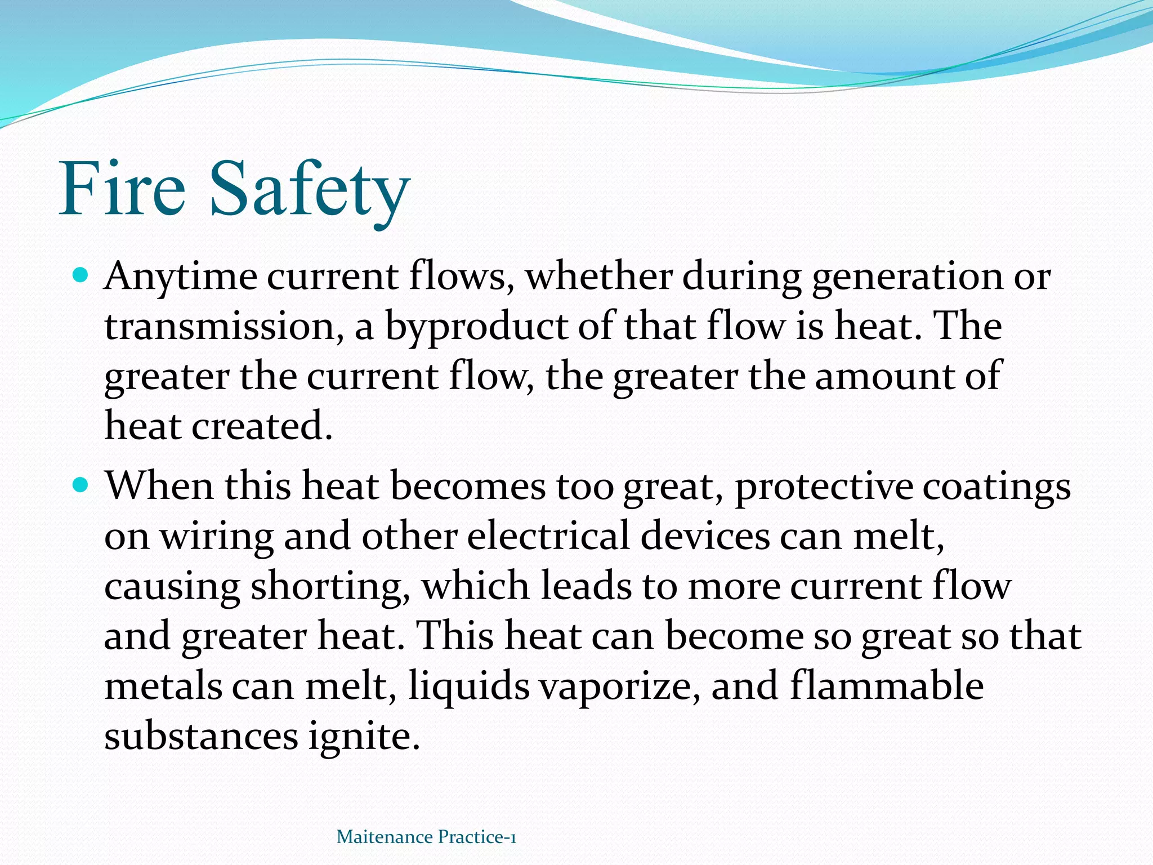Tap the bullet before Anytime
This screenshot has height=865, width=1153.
point(81,276)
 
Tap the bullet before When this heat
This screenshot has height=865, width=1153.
point(81,484)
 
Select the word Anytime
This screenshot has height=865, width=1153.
point(180,277)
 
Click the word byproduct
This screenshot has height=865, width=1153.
point(476,327)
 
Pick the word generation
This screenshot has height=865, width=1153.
point(907,277)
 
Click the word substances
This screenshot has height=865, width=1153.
point(201,735)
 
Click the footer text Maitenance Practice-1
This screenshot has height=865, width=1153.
point(426,837)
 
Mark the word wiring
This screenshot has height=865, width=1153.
point(217,536)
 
